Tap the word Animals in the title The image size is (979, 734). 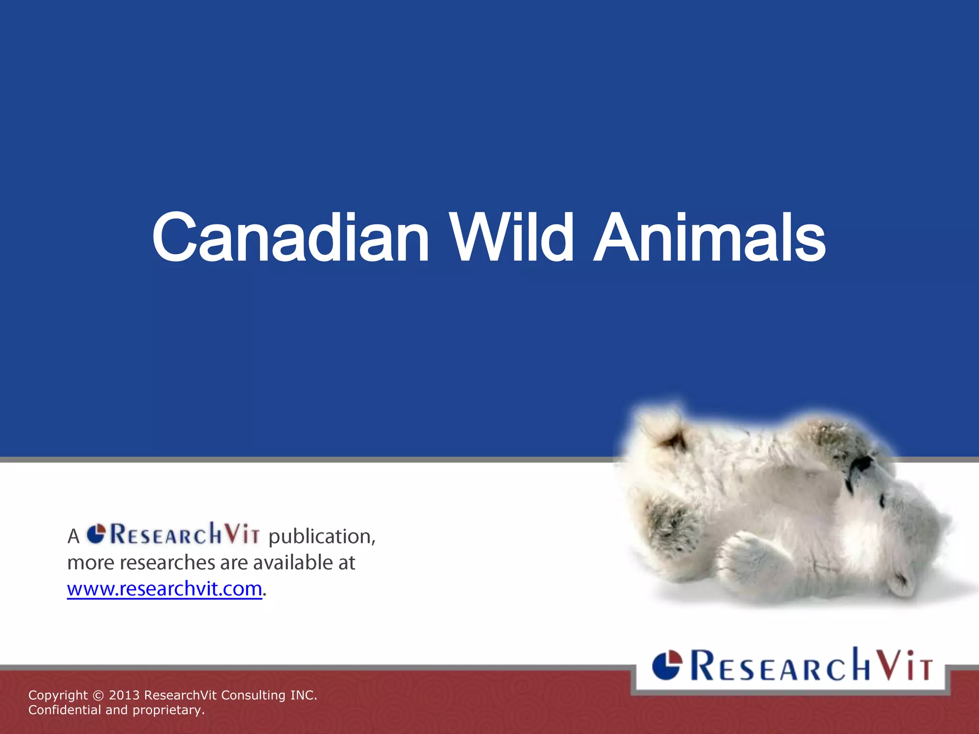pyautogui.click(x=709, y=238)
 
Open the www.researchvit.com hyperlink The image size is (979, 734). pyautogui.click(x=164, y=589)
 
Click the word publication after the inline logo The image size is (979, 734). pyautogui.click(x=321, y=536)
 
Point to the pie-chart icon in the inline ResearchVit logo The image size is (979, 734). pyautogui.click(x=96, y=534)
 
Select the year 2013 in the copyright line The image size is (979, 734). pyautogui.click(x=124, y=695)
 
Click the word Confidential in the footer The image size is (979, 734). pyautogui.click(x=65, y=710)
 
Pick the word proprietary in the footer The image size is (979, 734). pyautogui.click(x=168, y=710)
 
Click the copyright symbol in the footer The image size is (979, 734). pyautogui.click(x=98, y=695)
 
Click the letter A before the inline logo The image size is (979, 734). pyautogui.click(x=73, y=536)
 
